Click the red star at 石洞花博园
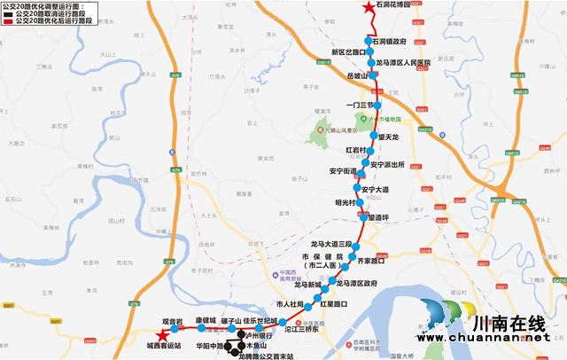pyautogui.click(x=369, y=8)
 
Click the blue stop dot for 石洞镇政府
pyautogui.click(x=369, y=41)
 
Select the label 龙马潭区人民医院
pyautogui.click(x=403, y=63)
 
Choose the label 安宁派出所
pyautogui.click(x=388, y=165)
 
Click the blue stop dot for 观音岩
pyautogui.click(x=173, y=329)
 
